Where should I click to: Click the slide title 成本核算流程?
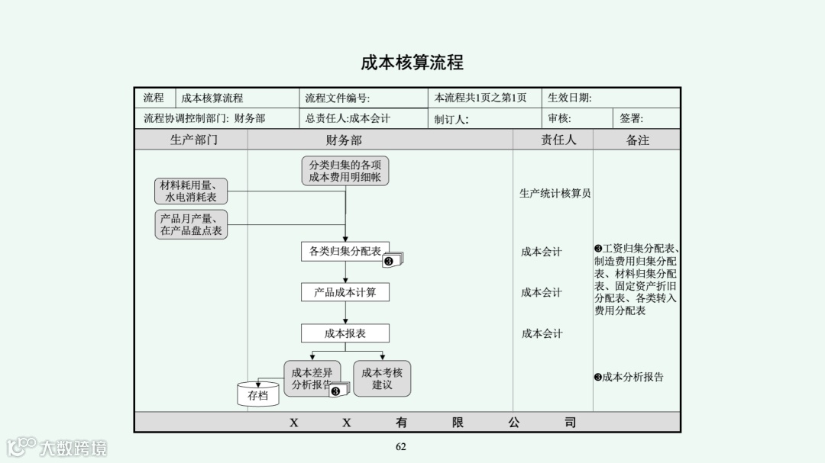click(412, 63)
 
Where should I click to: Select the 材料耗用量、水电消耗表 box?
click(191, 191)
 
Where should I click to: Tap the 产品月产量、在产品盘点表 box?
click(191, 224)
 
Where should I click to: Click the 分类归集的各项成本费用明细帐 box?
click(345, 171)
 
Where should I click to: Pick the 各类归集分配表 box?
click(345, 252)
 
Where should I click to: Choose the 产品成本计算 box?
click(345, 292)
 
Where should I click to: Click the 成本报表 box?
click(345, 333)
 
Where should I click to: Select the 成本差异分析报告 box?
click(312, 378)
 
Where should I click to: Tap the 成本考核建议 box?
click(382, 378)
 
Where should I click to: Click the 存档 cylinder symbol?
click(258, 394)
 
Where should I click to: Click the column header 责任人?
click(558, 140)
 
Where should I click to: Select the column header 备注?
click(637, 140)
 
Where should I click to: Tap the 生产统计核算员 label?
click(555, 194)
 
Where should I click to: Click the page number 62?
click(401, 447)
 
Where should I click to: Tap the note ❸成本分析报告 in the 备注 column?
click(629, 377)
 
